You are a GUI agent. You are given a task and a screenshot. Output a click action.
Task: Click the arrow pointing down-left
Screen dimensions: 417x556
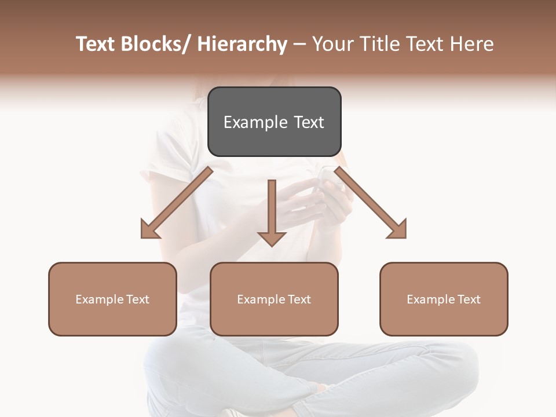[177, 203]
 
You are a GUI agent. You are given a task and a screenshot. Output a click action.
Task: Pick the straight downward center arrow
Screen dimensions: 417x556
[272, 211]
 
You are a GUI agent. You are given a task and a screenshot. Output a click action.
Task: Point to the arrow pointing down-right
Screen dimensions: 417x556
[371, 203]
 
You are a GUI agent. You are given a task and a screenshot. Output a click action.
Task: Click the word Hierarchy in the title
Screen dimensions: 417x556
[242, 44]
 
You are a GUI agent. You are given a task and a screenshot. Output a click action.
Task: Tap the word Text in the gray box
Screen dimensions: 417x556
[309, 123]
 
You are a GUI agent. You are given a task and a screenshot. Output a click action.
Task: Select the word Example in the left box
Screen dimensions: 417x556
[99, 299]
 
